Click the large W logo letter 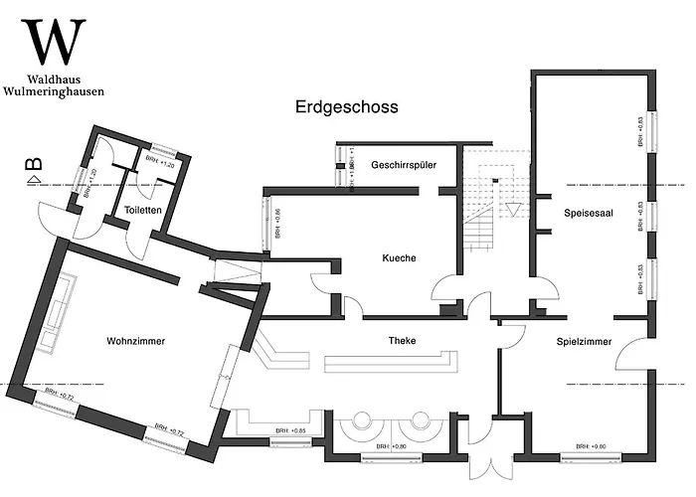[55, 43]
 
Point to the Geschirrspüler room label [404, 164]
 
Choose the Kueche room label [399, 257]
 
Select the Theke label [402, 341]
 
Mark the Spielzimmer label [583, 341]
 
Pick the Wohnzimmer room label [135, 341]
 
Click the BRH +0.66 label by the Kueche [278, 224]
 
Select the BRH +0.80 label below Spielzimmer [592, 446]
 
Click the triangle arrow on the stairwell [513, 210]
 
